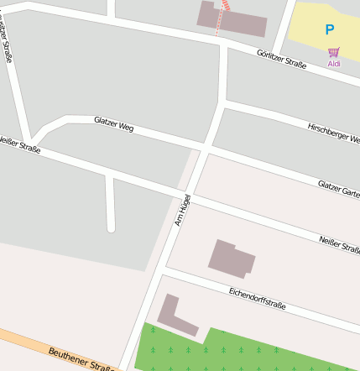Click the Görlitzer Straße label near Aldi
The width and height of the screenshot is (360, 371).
coord(281,58)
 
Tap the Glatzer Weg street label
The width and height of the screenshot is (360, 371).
coord(114,124)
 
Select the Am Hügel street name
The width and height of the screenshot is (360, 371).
coord(183,210)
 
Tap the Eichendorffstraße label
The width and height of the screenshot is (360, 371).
coord(257,297)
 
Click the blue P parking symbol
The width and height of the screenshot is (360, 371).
coord(330,30)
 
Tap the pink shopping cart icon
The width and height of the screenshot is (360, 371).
coord(333,52)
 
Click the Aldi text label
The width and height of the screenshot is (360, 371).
coord(333,63)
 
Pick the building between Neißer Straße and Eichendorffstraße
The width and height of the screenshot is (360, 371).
coord(231,259)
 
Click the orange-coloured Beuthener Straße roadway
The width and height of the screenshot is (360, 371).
coord(34,344)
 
